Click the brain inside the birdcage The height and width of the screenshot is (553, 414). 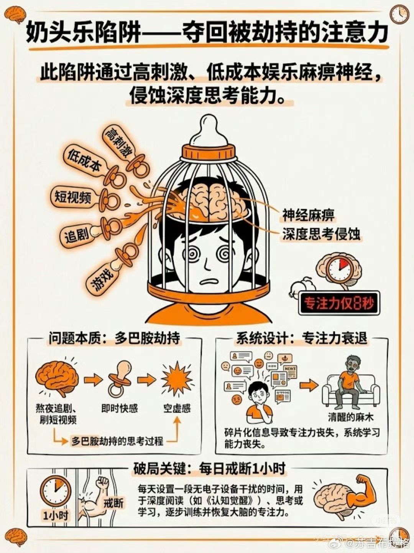[x=211, y=200]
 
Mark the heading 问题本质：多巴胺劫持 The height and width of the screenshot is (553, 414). [x=115, y=338]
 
